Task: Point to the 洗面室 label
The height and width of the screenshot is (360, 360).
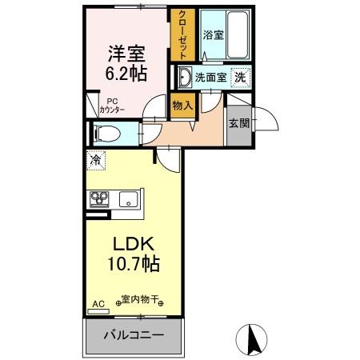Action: [x=210, y=78]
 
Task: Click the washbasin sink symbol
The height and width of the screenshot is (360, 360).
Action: [x=184, y=78]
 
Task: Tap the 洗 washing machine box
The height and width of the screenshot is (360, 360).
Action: [x=239, y=78]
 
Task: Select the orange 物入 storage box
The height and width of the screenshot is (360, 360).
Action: [x=182, y=106]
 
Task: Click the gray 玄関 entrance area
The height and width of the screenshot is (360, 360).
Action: [x=238, y=124]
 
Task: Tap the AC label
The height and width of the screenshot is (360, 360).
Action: [x=98, y=305]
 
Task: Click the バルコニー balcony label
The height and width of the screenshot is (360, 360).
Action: [x=133, y=335]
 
